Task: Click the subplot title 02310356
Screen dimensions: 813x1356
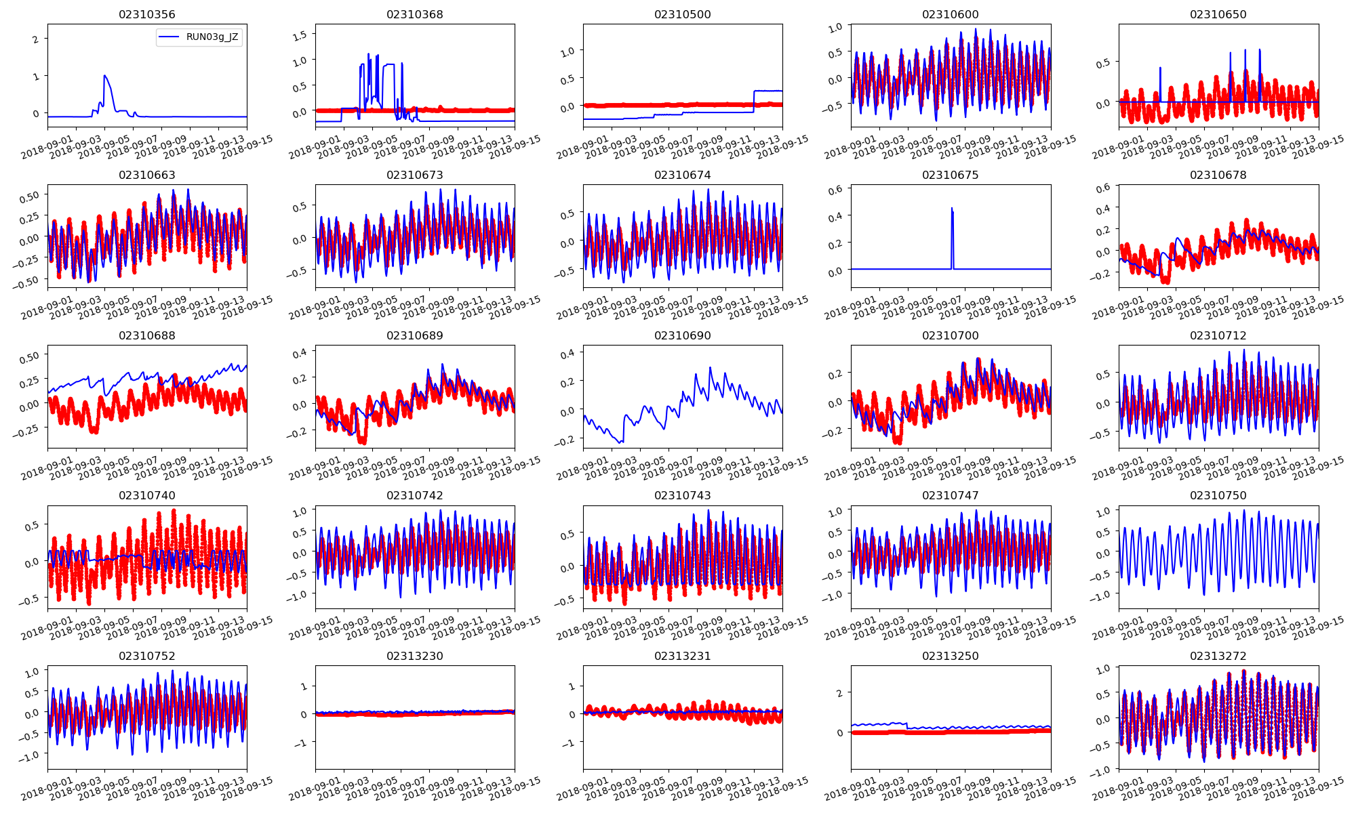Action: click(146, 14)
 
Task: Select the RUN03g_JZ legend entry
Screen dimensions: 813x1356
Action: click(212, 37)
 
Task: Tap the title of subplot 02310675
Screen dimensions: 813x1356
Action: click(951, 175)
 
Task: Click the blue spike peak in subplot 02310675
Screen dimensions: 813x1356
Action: click(952, 208)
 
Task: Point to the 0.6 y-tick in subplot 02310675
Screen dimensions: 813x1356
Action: click(835, 190)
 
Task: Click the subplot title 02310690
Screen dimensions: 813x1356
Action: click(683, 335)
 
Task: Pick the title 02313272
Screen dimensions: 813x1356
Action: click(1218, 656)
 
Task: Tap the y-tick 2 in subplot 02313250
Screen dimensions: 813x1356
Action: click(840, 693)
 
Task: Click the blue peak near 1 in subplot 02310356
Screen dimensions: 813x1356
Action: click(104, 76)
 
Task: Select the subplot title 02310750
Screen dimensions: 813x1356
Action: click(1218, 495)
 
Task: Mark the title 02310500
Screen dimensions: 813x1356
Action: click(683, 14)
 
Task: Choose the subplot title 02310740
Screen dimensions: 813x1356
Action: click(146, 495)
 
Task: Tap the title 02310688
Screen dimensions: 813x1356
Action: click(146, 335)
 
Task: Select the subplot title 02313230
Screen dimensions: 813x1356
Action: click(415, 656)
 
